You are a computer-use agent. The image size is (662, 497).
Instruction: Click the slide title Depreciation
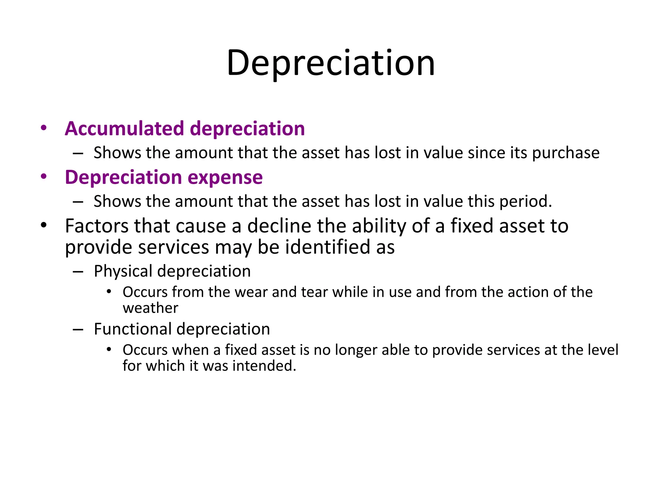(331, 63)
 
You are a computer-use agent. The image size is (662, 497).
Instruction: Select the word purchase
(566, 153)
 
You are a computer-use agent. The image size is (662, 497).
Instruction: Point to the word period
(526, 202)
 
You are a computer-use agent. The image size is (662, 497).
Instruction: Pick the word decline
(279, 226)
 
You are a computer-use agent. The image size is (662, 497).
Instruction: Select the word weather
(150, 308)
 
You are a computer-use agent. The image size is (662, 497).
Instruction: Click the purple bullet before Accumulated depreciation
(44, 128)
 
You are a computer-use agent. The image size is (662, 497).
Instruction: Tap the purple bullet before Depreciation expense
(44, 177)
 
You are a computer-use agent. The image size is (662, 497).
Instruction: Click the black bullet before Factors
(44, 225)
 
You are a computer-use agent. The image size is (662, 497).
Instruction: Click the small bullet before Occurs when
(109, 349)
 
